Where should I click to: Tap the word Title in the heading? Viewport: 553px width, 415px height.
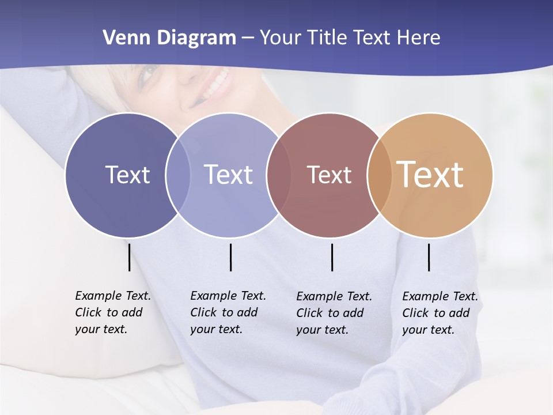[327, 38]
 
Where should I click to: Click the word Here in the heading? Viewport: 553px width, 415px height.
[418, 38]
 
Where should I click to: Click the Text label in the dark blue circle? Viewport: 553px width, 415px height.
[127, 175]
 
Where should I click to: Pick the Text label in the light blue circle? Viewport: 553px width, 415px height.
[228, 175]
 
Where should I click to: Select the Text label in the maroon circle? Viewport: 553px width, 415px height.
[329, 175]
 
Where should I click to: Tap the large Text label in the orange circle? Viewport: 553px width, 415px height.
[430, 175]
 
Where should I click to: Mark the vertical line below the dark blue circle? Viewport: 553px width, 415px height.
[129, 257]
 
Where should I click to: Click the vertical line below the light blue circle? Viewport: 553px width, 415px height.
[230, 257]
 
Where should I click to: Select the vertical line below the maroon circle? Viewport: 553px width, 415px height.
[332, 257]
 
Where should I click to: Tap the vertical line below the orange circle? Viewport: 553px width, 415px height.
[429, 257]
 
